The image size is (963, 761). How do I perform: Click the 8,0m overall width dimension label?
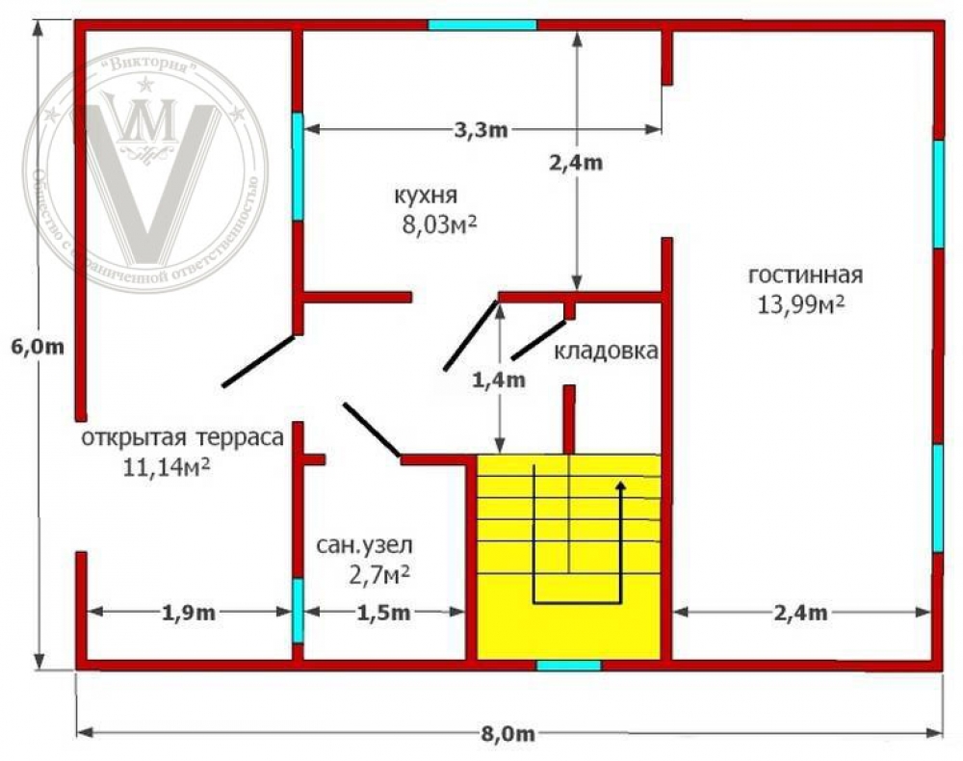(508, 736)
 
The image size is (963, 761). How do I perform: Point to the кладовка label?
(606, 352)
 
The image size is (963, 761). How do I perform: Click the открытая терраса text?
(182, 438)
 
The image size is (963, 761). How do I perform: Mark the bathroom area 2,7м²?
(379, 575)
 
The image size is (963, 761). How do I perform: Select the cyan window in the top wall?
(481, 24)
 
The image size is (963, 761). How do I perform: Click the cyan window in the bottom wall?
(568, 665)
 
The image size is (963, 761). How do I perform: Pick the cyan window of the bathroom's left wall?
(298, 610)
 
